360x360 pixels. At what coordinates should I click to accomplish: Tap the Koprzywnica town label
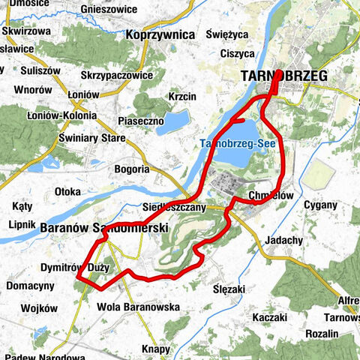[161, 34]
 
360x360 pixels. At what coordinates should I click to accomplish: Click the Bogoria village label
[132, 169]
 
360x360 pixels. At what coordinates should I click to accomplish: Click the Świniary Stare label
[93, 138]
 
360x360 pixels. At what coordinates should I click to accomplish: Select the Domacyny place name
[30, 286]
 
